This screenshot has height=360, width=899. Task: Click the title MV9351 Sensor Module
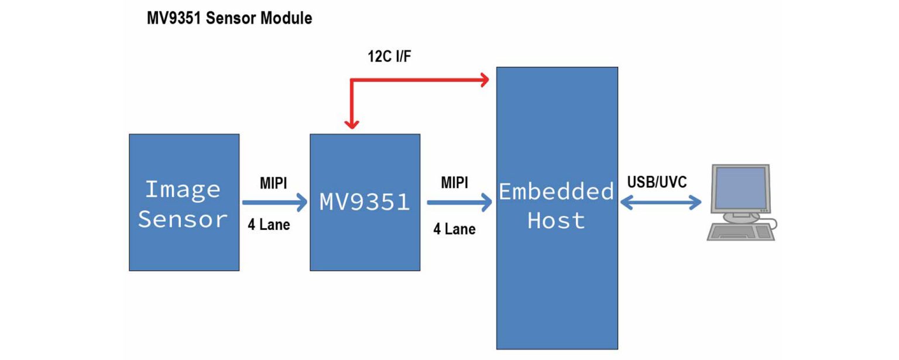pyautogui.click(x=229, y=19)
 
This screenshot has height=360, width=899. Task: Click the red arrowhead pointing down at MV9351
pyautogui.click(x=351, y=124)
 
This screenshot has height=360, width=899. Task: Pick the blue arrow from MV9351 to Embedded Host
pyautogui.click(x=459, y=203)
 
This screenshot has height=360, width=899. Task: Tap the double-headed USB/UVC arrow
pyautogui.click(x=661, y=203)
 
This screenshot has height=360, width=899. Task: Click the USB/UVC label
pyautogui.click(x=656, y=182)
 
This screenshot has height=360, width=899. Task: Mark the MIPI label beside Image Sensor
pyautogui.click(x=273, y=183)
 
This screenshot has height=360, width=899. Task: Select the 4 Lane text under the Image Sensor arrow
pyautogui.click(x=269, y=224)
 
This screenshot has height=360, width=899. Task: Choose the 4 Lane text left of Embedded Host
pyautogui.click(x=454, y=229)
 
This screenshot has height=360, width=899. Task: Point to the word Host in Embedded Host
pyautogui.click(x=556, y=221)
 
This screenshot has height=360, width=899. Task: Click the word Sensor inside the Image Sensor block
pyautogui.click(x=182, y=219)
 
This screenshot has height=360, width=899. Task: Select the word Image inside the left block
pyautogui.click(x=182, y=190)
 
